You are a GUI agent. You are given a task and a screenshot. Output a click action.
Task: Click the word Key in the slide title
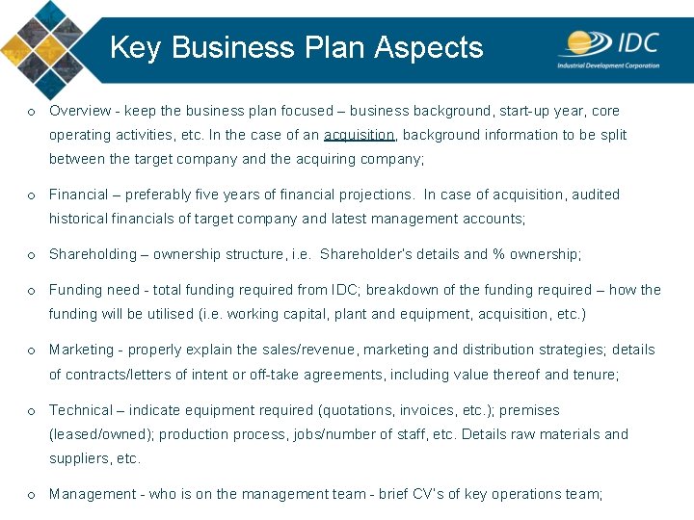point(133,47)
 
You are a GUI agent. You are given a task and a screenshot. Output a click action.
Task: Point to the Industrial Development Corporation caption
point(608,65)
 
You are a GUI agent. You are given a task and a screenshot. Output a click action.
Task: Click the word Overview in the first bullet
point(77,111)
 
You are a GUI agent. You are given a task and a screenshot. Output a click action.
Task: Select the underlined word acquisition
point(360,135)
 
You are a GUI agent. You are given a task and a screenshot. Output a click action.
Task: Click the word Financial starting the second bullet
point(78,195)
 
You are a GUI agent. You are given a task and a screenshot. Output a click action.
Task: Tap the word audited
point(596,195)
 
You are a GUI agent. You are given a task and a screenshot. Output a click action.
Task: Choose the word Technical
point(80,410)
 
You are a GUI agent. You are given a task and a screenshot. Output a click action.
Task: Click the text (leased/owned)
point(100,434)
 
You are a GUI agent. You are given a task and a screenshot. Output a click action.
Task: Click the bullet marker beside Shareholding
point(32,255)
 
